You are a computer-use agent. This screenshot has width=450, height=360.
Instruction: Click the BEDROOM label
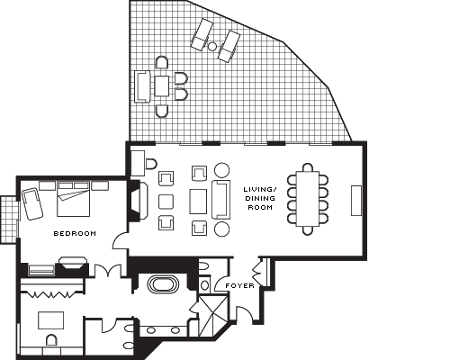click(75, 233)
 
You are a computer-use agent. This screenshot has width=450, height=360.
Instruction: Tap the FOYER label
click(239, 285)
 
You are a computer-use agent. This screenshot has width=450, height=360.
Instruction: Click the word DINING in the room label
click(260, 198)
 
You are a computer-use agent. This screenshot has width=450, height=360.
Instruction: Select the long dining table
click(308, 199)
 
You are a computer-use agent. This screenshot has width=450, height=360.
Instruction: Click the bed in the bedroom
click(74, 199)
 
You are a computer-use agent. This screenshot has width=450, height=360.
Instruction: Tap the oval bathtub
click(164, 284)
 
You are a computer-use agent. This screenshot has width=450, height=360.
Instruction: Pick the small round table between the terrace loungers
click(212, 46)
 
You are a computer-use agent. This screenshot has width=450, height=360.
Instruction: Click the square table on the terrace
click(162, 86)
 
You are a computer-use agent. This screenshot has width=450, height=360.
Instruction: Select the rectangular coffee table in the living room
click(198, 202)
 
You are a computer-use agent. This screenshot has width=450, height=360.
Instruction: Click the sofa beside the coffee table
click(221, 199)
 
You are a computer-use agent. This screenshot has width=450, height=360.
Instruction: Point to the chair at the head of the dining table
click(308, 167)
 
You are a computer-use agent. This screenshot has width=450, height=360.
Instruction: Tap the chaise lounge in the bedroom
click(31, 203)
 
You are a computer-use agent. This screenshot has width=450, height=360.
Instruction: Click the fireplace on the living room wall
click(139, 201)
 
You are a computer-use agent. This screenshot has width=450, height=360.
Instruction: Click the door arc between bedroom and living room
click(120, 241)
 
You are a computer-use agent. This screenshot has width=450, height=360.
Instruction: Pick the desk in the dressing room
click(51, 320)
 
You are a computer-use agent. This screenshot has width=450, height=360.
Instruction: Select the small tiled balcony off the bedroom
click(9, 220)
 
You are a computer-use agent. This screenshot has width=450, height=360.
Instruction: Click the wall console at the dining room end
click(356, 201)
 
